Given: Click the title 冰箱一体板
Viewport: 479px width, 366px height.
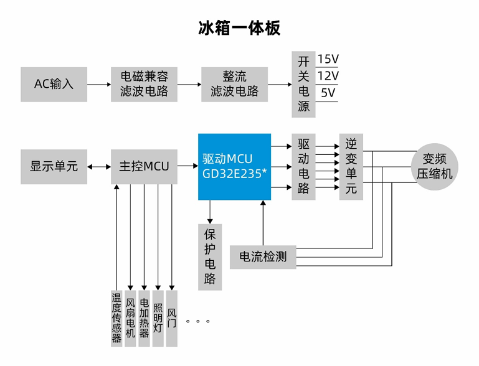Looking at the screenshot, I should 239,28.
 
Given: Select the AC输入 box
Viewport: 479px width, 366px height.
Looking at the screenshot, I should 54,83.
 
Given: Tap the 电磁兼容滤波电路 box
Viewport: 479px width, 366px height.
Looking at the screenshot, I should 144,83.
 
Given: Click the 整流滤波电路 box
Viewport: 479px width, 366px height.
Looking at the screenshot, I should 234,83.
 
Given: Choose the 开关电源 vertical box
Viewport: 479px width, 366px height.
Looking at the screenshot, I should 303,83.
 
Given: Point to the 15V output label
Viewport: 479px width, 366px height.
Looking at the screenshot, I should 328,60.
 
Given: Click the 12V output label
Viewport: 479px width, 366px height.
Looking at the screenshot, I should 328,76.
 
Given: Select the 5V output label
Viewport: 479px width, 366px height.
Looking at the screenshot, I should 328,93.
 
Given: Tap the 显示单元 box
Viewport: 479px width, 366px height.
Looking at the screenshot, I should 54,167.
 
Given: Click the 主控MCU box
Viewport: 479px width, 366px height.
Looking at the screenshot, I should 144,167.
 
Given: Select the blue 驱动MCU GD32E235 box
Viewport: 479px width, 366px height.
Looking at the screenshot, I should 234,167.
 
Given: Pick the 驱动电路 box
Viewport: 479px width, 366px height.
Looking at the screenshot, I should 303,167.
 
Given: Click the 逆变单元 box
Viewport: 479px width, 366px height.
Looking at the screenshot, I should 351,167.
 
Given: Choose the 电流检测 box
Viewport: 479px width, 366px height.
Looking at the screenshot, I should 262,256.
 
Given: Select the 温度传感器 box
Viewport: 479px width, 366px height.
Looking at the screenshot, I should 116,317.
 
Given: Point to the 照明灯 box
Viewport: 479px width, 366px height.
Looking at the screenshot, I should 158,317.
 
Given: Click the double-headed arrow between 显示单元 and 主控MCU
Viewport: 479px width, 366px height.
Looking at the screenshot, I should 99,167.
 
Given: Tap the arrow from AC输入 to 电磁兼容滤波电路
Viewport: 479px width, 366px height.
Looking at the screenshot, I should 99,83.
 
